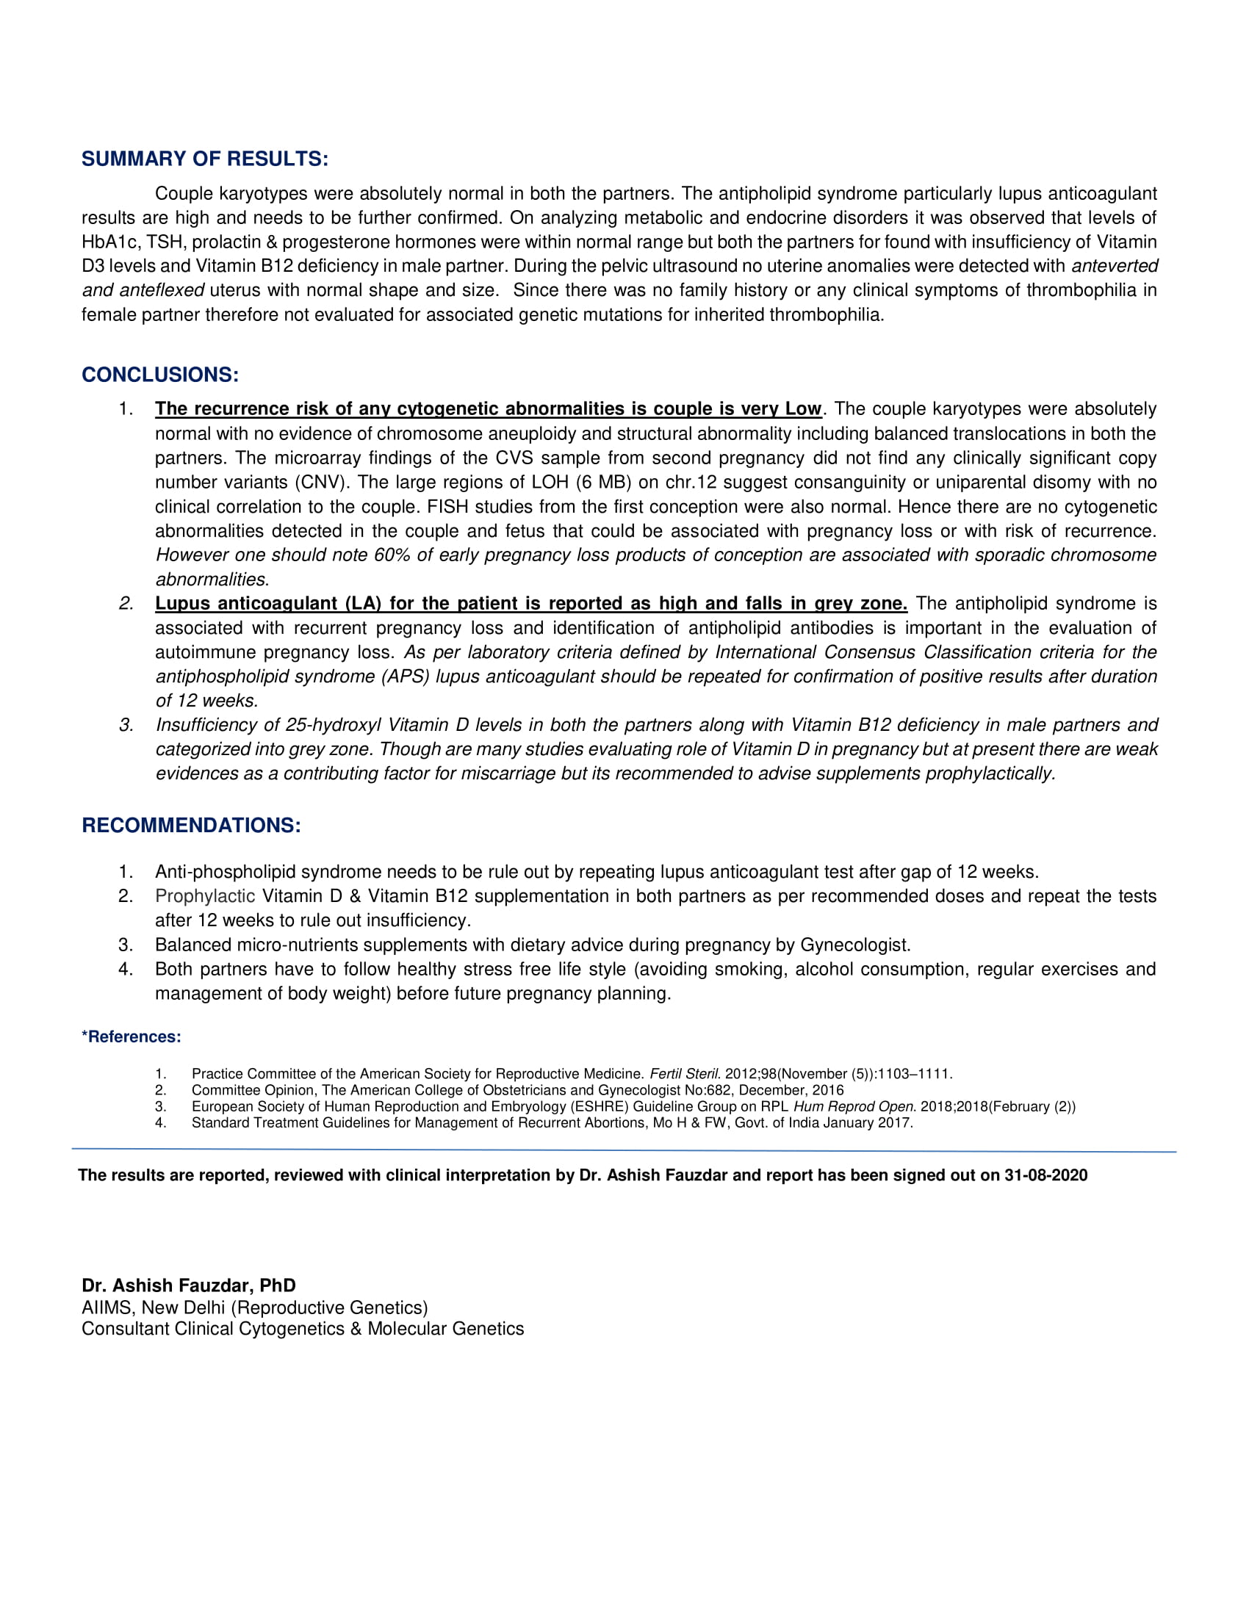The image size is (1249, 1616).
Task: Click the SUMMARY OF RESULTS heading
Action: click(x=204, y=159)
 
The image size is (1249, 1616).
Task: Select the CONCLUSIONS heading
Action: click(x=160, y=375)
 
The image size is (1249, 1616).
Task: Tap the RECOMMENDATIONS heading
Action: click(x=191, y=825)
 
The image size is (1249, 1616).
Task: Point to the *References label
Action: click(x=131, y=1036)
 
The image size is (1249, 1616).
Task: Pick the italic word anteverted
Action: click(x=1115, y=267)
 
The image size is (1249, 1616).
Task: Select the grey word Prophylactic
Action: click(x=205, y=896)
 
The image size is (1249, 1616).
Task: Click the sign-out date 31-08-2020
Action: click(x=1045, y=1175)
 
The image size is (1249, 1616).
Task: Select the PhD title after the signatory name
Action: click(x=278, y=1285)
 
